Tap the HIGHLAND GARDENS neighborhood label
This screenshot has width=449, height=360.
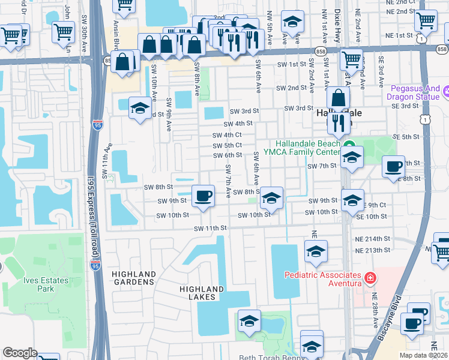pyautogui.click(x=134, y=279)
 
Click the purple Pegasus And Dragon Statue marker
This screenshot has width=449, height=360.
pyautogui.click(x=447, y=92)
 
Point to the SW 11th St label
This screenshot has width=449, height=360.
pyautogui.click(x=211, y=228)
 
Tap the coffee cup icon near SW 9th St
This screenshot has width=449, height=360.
pyautogui.click(x=203, y=196)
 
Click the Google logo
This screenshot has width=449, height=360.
pyautogui.click(x=20, y=353)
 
